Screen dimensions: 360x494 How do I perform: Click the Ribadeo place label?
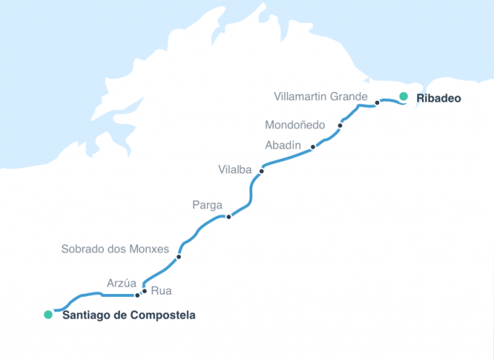[x=439, y=97]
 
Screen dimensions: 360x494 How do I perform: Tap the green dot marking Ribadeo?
[x=403, y=97]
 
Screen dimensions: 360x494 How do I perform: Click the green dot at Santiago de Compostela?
[x=48, y=314]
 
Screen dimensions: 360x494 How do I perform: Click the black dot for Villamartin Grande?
[x=377, y=103]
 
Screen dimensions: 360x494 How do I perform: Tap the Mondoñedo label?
[x=295, y=124]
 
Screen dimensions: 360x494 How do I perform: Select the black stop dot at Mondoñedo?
[x=340, y=126]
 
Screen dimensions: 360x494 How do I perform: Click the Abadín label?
[x=283, y=145]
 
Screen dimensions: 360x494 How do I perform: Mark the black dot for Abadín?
[x=313, y=147]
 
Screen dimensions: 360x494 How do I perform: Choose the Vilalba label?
[x=235, y=170]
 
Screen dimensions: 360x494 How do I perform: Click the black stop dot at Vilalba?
[x=262, y=171]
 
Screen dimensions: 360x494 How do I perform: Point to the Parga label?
[x=207, y=205]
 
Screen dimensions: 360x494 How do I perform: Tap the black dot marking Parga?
[x=229, y=216]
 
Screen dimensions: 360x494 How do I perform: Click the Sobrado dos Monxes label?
[x=115, y=249]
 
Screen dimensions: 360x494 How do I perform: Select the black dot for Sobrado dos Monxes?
[x=179, y=257]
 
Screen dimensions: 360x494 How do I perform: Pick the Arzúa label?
[x=121, y=282]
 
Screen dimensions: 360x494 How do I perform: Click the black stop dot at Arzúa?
[x=137, y=295]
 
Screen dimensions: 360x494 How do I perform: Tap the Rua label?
[x=161, y=292]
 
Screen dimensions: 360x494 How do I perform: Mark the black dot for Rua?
[x=145, y=291]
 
